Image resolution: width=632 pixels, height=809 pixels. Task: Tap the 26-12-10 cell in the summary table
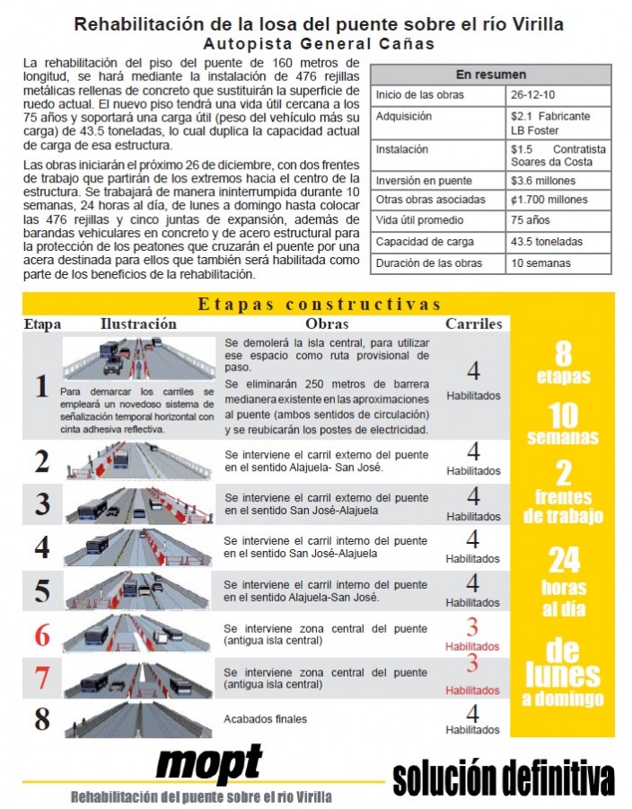click(x=532, y=95)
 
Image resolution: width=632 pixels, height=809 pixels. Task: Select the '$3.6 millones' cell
click(x=543, y=181)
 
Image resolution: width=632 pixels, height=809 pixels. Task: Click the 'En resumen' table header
click(x=490, y=75)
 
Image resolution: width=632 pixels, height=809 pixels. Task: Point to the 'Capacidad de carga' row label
click(x=425, y=242)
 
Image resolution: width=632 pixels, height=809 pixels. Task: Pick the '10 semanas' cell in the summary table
click(x=540, y=263)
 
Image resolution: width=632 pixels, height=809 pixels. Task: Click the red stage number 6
click(x=42, y=636)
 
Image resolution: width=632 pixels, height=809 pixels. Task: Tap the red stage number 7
click(x=42, y=678)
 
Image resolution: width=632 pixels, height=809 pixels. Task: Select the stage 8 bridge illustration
click(x=138, y=719)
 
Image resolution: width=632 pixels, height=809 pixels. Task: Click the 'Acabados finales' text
click(x=265, y=719)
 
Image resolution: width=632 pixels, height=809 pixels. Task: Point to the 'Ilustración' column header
click(x=138, y=324)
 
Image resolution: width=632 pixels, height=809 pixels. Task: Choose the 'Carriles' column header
click(x=474, y=324)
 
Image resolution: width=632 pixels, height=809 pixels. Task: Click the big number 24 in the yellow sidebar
click(x=564, y=560)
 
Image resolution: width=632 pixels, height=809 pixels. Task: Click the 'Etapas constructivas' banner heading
click(x=320, y=305)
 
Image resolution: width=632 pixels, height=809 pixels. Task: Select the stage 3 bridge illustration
click(x=139, y=504)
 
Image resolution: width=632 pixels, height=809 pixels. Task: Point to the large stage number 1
click(x=41, y=387)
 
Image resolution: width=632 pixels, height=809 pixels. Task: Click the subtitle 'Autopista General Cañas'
click(x=320, y=44)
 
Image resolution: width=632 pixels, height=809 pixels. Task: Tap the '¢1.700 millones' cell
click(x=549, y=200)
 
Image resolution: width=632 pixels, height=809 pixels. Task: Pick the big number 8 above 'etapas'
click(x=563, y=353)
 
